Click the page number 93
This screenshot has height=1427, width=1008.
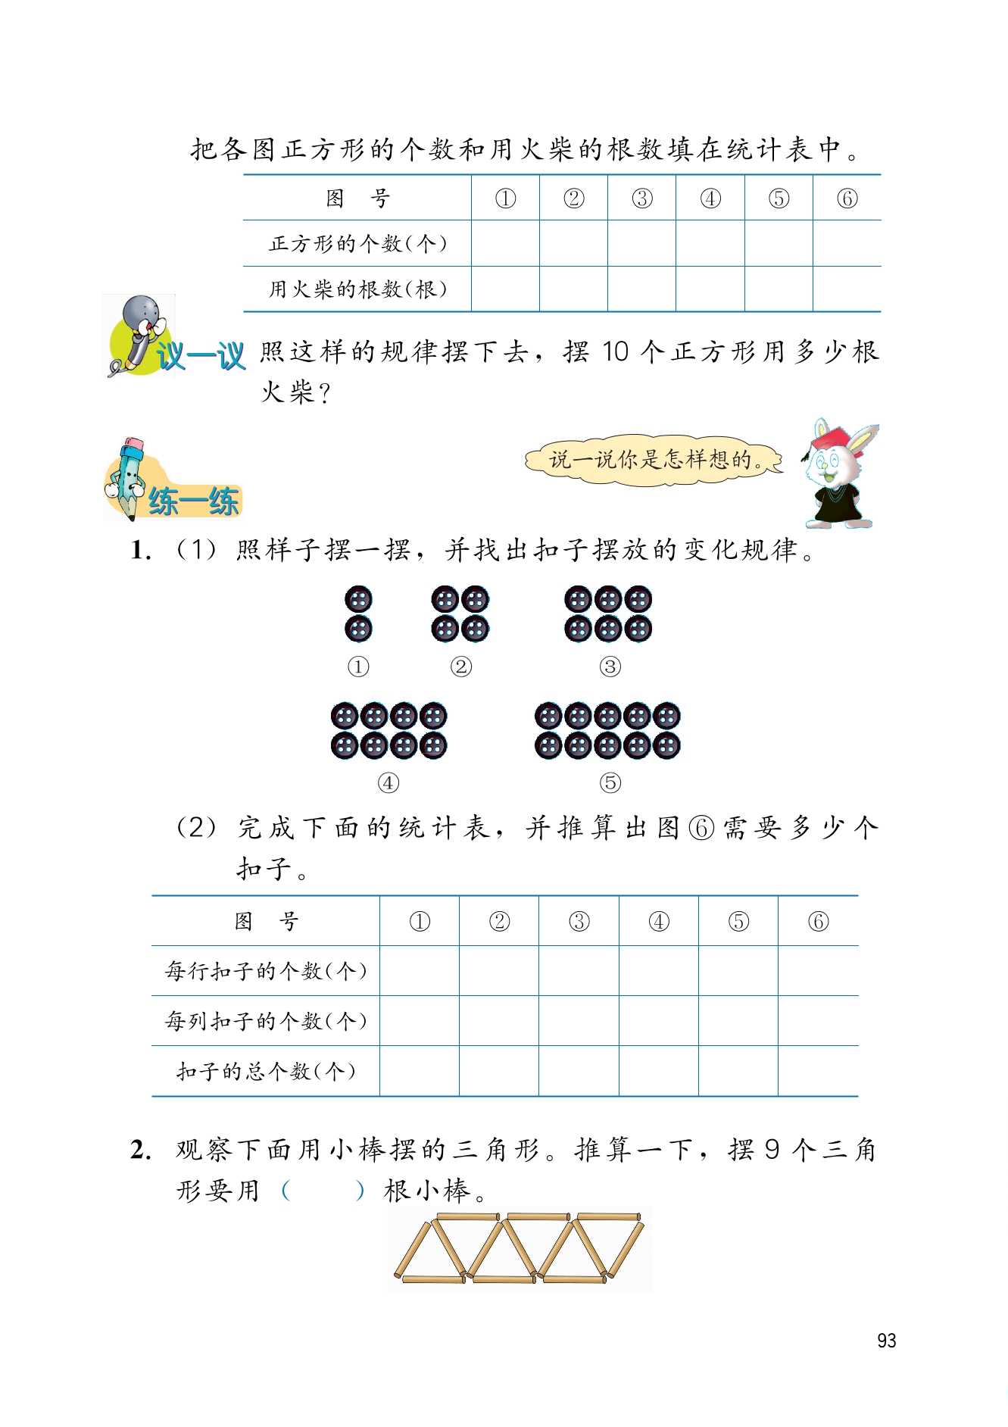tap(886, 1341)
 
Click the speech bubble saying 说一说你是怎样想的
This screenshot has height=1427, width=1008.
tap(654, 459)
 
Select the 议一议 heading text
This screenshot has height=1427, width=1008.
tap(201, 356)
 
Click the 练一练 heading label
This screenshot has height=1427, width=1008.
tap(194, 501)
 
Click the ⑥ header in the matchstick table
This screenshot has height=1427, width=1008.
tap(847, 198)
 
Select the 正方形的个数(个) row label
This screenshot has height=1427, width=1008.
tap(357, 244)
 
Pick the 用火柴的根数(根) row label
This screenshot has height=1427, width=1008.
tap(357, 289)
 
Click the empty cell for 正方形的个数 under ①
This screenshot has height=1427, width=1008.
tap(505, 244)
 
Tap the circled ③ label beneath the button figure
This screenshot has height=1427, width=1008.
tap(610, 667)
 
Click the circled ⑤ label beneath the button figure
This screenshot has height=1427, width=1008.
tap(610, 782)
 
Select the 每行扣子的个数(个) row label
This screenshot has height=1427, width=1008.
tap(266, 971)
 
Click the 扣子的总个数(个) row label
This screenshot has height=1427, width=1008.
tap(266, 1071)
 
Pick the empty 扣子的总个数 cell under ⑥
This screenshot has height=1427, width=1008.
tap(818, 1071)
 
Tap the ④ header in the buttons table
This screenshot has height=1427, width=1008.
tap(659, 921)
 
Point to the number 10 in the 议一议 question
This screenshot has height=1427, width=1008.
tap(616, 352)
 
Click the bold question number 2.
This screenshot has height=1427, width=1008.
tap(141, 1150)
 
